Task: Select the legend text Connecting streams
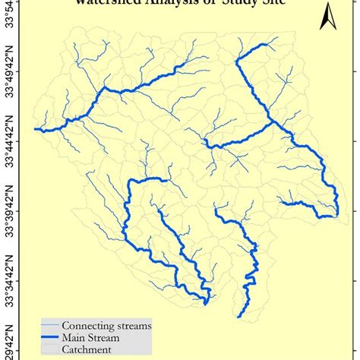pos(106,326)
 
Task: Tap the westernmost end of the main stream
pos(34,130)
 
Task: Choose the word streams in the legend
pos(132,326)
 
